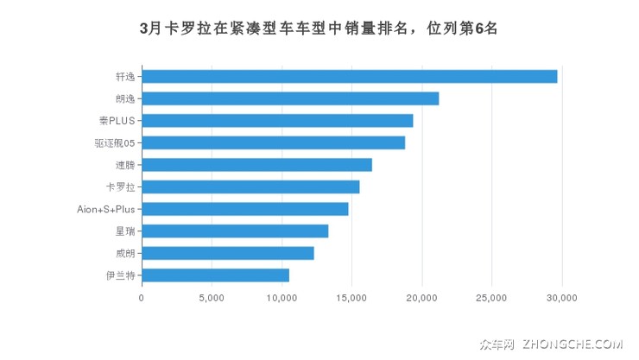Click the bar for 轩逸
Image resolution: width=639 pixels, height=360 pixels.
pyautogui.click(x=349, y=76)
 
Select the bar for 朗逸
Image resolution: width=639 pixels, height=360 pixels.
pyautogui.click(x=290, y=98)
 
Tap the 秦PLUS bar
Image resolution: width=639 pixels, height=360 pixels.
pyautogui.click(x=277, y=120)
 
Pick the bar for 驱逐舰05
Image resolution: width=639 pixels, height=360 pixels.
pyautogui.click(x=273, y=142)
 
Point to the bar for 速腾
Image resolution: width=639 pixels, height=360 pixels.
pyautogui.click(x=256, y=165)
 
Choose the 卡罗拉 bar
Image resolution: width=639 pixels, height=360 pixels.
pyautogui.click(x=250, y=186)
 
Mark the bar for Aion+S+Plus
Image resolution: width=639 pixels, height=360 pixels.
pyautogui.click(x=244, y=209)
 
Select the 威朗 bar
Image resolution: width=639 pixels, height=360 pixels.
pyautogui.click(x=227, y=253)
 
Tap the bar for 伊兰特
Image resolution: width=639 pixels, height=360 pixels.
pyautogui.click(x=215, y=275)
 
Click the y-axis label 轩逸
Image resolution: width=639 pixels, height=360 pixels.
pyautogui.click(x=125, y=76)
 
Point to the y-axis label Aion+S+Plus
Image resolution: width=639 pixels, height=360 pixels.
pyautogui.click(x=105, y=209)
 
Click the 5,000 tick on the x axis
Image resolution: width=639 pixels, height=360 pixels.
pyautogui.click(x=212, y=299)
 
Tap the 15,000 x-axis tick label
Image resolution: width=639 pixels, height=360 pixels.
pyautogui.click(x=351, y=299)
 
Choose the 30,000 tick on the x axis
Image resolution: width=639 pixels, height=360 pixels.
pyautogui.click(x=561, y=299)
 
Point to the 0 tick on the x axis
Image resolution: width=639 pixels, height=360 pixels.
pyautogui.click(x=142, y=299)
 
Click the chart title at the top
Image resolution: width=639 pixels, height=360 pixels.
pyautogui.click(x=319, y=27)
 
